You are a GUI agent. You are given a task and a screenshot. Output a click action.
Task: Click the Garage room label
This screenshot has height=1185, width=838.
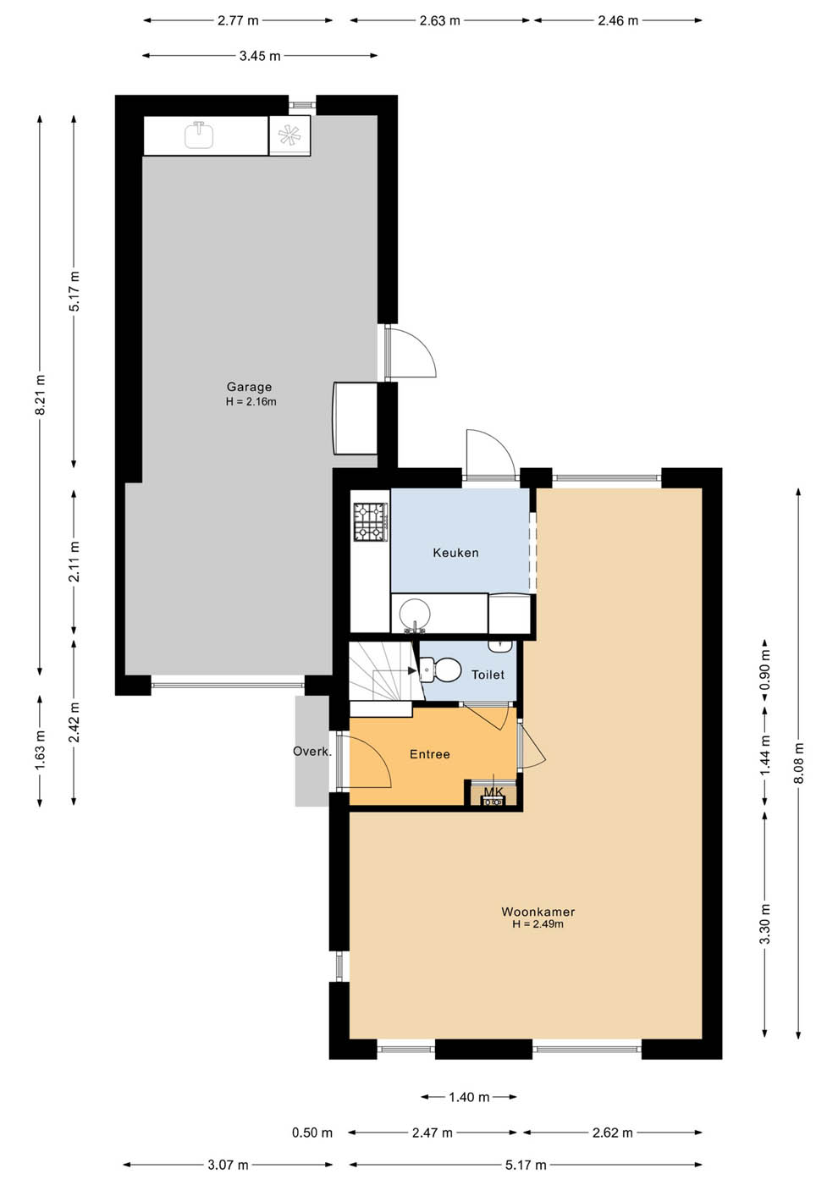pos(249,387)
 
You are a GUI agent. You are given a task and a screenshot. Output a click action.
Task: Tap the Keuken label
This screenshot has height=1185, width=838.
pos(455,553)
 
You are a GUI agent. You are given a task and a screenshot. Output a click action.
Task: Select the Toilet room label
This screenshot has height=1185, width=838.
pos(488,675)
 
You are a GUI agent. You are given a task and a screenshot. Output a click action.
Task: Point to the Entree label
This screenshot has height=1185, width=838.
pos(430,754)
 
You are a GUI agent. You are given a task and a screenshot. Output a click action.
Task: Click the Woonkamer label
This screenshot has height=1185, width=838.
pos(538,912)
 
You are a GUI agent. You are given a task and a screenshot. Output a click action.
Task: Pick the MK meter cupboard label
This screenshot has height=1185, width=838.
pos(493,792)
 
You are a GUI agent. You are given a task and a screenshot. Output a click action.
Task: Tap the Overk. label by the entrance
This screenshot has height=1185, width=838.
pos(312,752)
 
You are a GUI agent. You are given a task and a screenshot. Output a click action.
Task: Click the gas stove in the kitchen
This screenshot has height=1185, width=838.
pos(371,521)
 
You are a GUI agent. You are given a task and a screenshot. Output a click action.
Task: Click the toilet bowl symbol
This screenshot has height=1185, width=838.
pos(440,670)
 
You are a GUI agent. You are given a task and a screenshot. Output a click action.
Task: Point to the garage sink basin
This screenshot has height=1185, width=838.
pos(199,135)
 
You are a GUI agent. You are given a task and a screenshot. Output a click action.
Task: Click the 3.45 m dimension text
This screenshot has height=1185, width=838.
pos(260,56)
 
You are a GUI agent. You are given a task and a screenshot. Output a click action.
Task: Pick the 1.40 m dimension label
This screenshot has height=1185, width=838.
pos(469,1097)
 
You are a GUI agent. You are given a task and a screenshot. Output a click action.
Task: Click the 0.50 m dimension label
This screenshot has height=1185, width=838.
pos(312,1133)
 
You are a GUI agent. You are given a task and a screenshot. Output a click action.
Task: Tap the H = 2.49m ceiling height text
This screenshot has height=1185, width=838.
pos(538,923)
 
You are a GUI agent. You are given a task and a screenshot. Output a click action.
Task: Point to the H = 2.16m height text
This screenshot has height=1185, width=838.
pos(251,401)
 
